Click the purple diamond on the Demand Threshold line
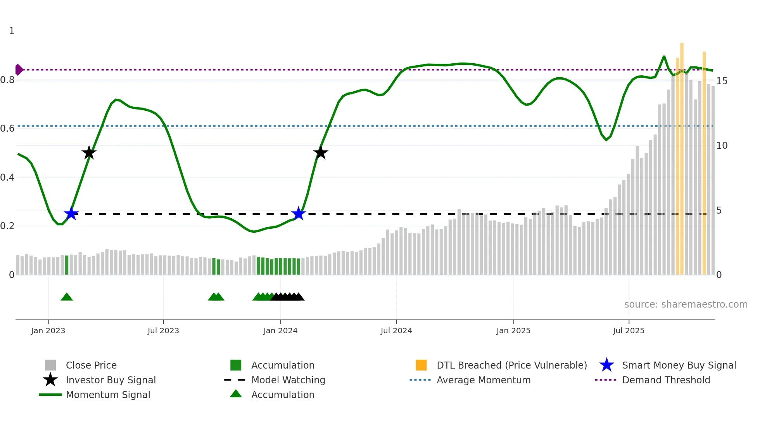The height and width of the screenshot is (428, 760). (x=19, y=70)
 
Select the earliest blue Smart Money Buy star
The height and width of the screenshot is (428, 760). (x=71, y=214)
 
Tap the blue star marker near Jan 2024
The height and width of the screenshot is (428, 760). (x=298, y=214)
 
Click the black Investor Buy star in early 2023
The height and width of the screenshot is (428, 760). (x=89, y=153)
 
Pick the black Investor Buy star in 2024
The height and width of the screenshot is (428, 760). (x=321, y=153)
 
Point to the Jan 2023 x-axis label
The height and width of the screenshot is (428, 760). (x=48, y=331)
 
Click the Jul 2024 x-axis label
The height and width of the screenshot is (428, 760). (x=396, y=331)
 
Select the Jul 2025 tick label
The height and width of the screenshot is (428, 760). (x=629, y=331)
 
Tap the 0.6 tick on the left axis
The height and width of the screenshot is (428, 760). (x=7, y=129)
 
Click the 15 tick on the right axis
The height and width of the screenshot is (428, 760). (x=722, y=81)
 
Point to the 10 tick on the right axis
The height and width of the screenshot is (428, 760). (x=722, y=146)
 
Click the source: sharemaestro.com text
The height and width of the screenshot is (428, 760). (x=686, y=304)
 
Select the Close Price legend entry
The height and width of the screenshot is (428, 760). (x=91, y=365)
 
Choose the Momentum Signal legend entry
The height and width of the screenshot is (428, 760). (x=108, y=395)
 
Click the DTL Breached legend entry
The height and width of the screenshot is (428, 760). (x=511, y=365)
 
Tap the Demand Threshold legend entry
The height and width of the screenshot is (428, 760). (x=666, y=380)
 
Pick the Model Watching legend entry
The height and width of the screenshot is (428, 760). (x=288, y=380)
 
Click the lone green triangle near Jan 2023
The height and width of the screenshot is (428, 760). (x=67, y=297)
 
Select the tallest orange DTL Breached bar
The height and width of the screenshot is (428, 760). (x=682, y=155)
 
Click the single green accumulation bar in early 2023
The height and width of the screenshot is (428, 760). (x=67, y=265)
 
